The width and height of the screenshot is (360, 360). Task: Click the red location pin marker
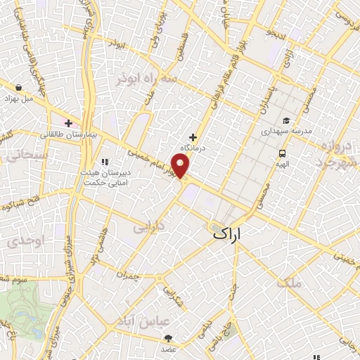181,167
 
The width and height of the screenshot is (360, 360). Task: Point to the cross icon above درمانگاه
193,136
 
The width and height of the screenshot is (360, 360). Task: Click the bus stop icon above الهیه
282,153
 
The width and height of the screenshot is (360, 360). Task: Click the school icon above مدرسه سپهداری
286,120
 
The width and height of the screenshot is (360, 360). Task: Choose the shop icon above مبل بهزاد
18,88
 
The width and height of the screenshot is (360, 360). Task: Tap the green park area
28,309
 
